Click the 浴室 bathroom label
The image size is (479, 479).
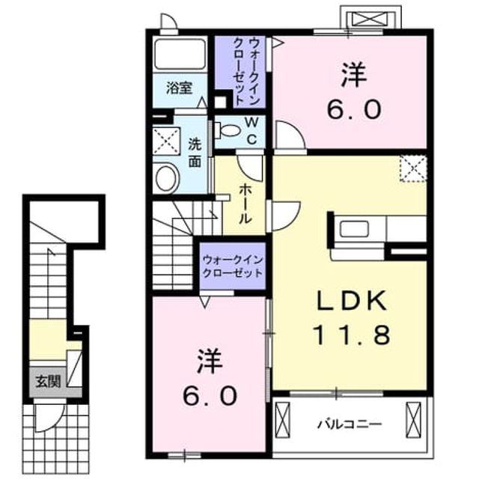[180, 88]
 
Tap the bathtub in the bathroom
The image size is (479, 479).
[180, 55]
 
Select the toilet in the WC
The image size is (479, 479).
[227, 130]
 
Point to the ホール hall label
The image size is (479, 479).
[245, 204]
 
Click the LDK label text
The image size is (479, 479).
[351, 301]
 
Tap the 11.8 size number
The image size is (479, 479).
[351, 335]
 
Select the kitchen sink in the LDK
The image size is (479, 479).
[354, 229]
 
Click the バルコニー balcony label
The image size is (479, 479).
[350, 424]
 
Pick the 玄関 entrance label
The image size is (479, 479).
[48, 381]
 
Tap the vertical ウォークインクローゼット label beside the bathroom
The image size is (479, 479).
[246, 72]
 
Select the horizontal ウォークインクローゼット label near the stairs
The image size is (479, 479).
[233, 266]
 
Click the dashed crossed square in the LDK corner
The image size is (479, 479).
[413, 169]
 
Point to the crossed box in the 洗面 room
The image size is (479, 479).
[166, 141]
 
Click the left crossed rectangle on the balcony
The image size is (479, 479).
[282, 420]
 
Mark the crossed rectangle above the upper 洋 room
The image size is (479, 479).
[370, 19]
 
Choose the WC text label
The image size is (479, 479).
[251, 132]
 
